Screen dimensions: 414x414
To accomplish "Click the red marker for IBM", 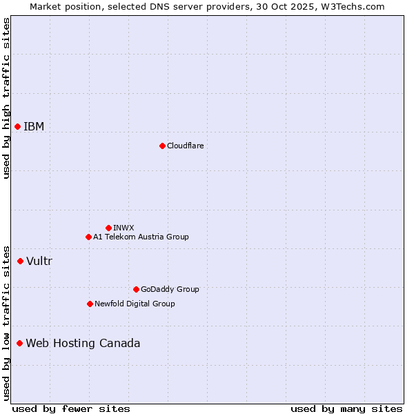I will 17,126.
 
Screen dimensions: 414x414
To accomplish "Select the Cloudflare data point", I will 162,146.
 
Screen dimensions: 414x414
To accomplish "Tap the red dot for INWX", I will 108,228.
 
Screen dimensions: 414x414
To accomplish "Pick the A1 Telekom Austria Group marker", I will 88,237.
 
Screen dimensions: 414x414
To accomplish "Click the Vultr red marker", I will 20,261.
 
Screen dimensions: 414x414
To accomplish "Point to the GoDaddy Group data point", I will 136,289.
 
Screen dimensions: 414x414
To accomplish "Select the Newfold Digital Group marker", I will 90,304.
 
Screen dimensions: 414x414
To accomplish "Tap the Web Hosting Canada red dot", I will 19,343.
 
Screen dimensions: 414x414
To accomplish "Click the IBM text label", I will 34,126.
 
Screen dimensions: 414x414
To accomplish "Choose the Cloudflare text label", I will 185,146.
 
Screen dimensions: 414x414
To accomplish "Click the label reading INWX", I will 124,228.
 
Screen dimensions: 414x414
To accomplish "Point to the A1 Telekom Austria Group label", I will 141,237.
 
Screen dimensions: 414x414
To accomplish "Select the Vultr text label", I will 39,261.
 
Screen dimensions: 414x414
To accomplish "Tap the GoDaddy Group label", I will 170,289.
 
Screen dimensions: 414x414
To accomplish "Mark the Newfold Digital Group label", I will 135,304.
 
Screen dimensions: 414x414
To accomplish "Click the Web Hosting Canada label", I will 83,343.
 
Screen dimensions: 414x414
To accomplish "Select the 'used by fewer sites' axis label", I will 70,408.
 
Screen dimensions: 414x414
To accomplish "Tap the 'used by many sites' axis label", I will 346,408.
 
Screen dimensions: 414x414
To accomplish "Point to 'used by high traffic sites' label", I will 6,98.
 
